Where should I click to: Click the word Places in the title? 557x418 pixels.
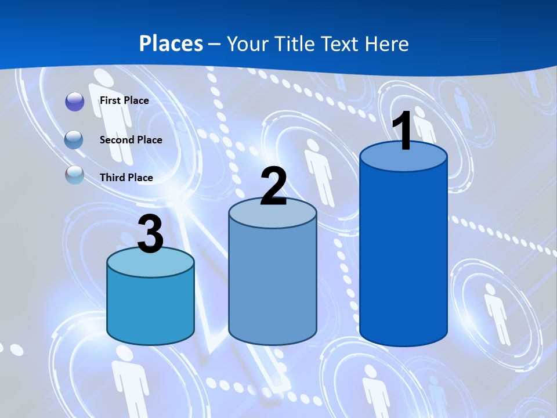(171, 44)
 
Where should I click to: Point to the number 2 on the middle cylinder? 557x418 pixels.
(273, 187)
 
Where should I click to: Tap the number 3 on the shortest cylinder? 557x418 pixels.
(151, 235)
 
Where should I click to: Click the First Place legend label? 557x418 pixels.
(124, 100)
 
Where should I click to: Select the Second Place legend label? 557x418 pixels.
(131, 139)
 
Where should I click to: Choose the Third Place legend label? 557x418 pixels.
(126, 178)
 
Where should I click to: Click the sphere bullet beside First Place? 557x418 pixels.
(75, 101)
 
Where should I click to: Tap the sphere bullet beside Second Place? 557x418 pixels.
(75, 139)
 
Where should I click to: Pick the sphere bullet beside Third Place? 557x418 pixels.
(75, 175)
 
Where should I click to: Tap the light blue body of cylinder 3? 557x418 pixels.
(150, 308)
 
